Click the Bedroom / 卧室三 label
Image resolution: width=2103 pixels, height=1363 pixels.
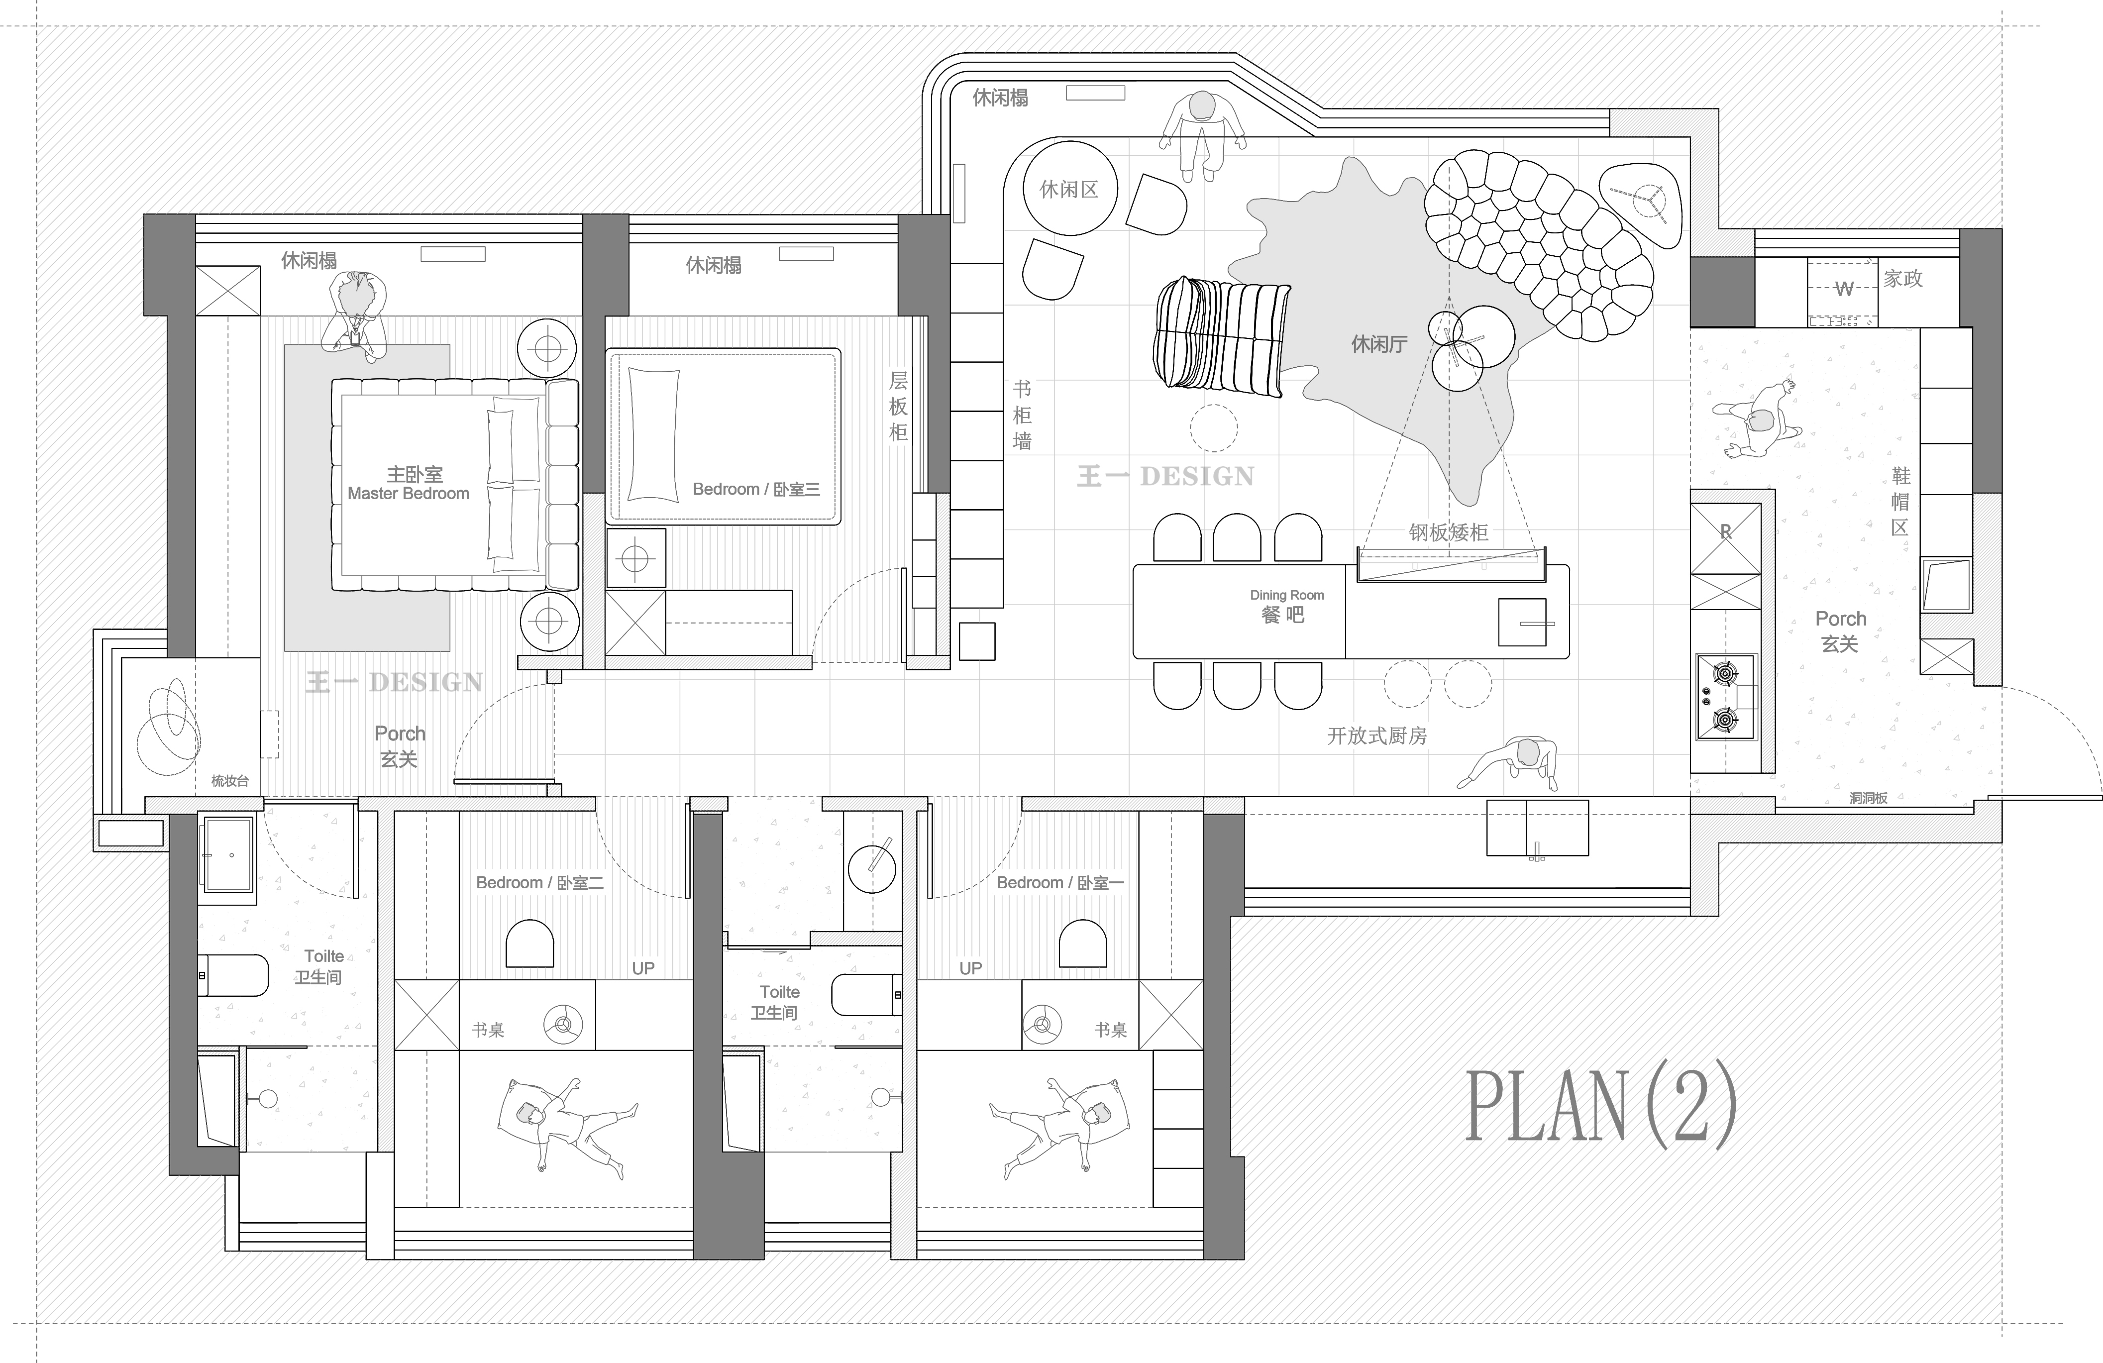pyautogui.click(x=756, y=489)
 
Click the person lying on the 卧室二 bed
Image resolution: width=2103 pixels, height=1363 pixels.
pyautogui.click(x=565, y=1127)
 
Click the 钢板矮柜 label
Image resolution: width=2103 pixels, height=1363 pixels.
pyautogui.click(x=1448, y=532)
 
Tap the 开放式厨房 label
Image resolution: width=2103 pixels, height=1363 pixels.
pyautogui.click(x=1376, y=736)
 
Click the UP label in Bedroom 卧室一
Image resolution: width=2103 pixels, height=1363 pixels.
pyautogui.click(x=971, y=968)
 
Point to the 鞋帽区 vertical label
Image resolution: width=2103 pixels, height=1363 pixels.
pyautogui.click(x=1900, y=502)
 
